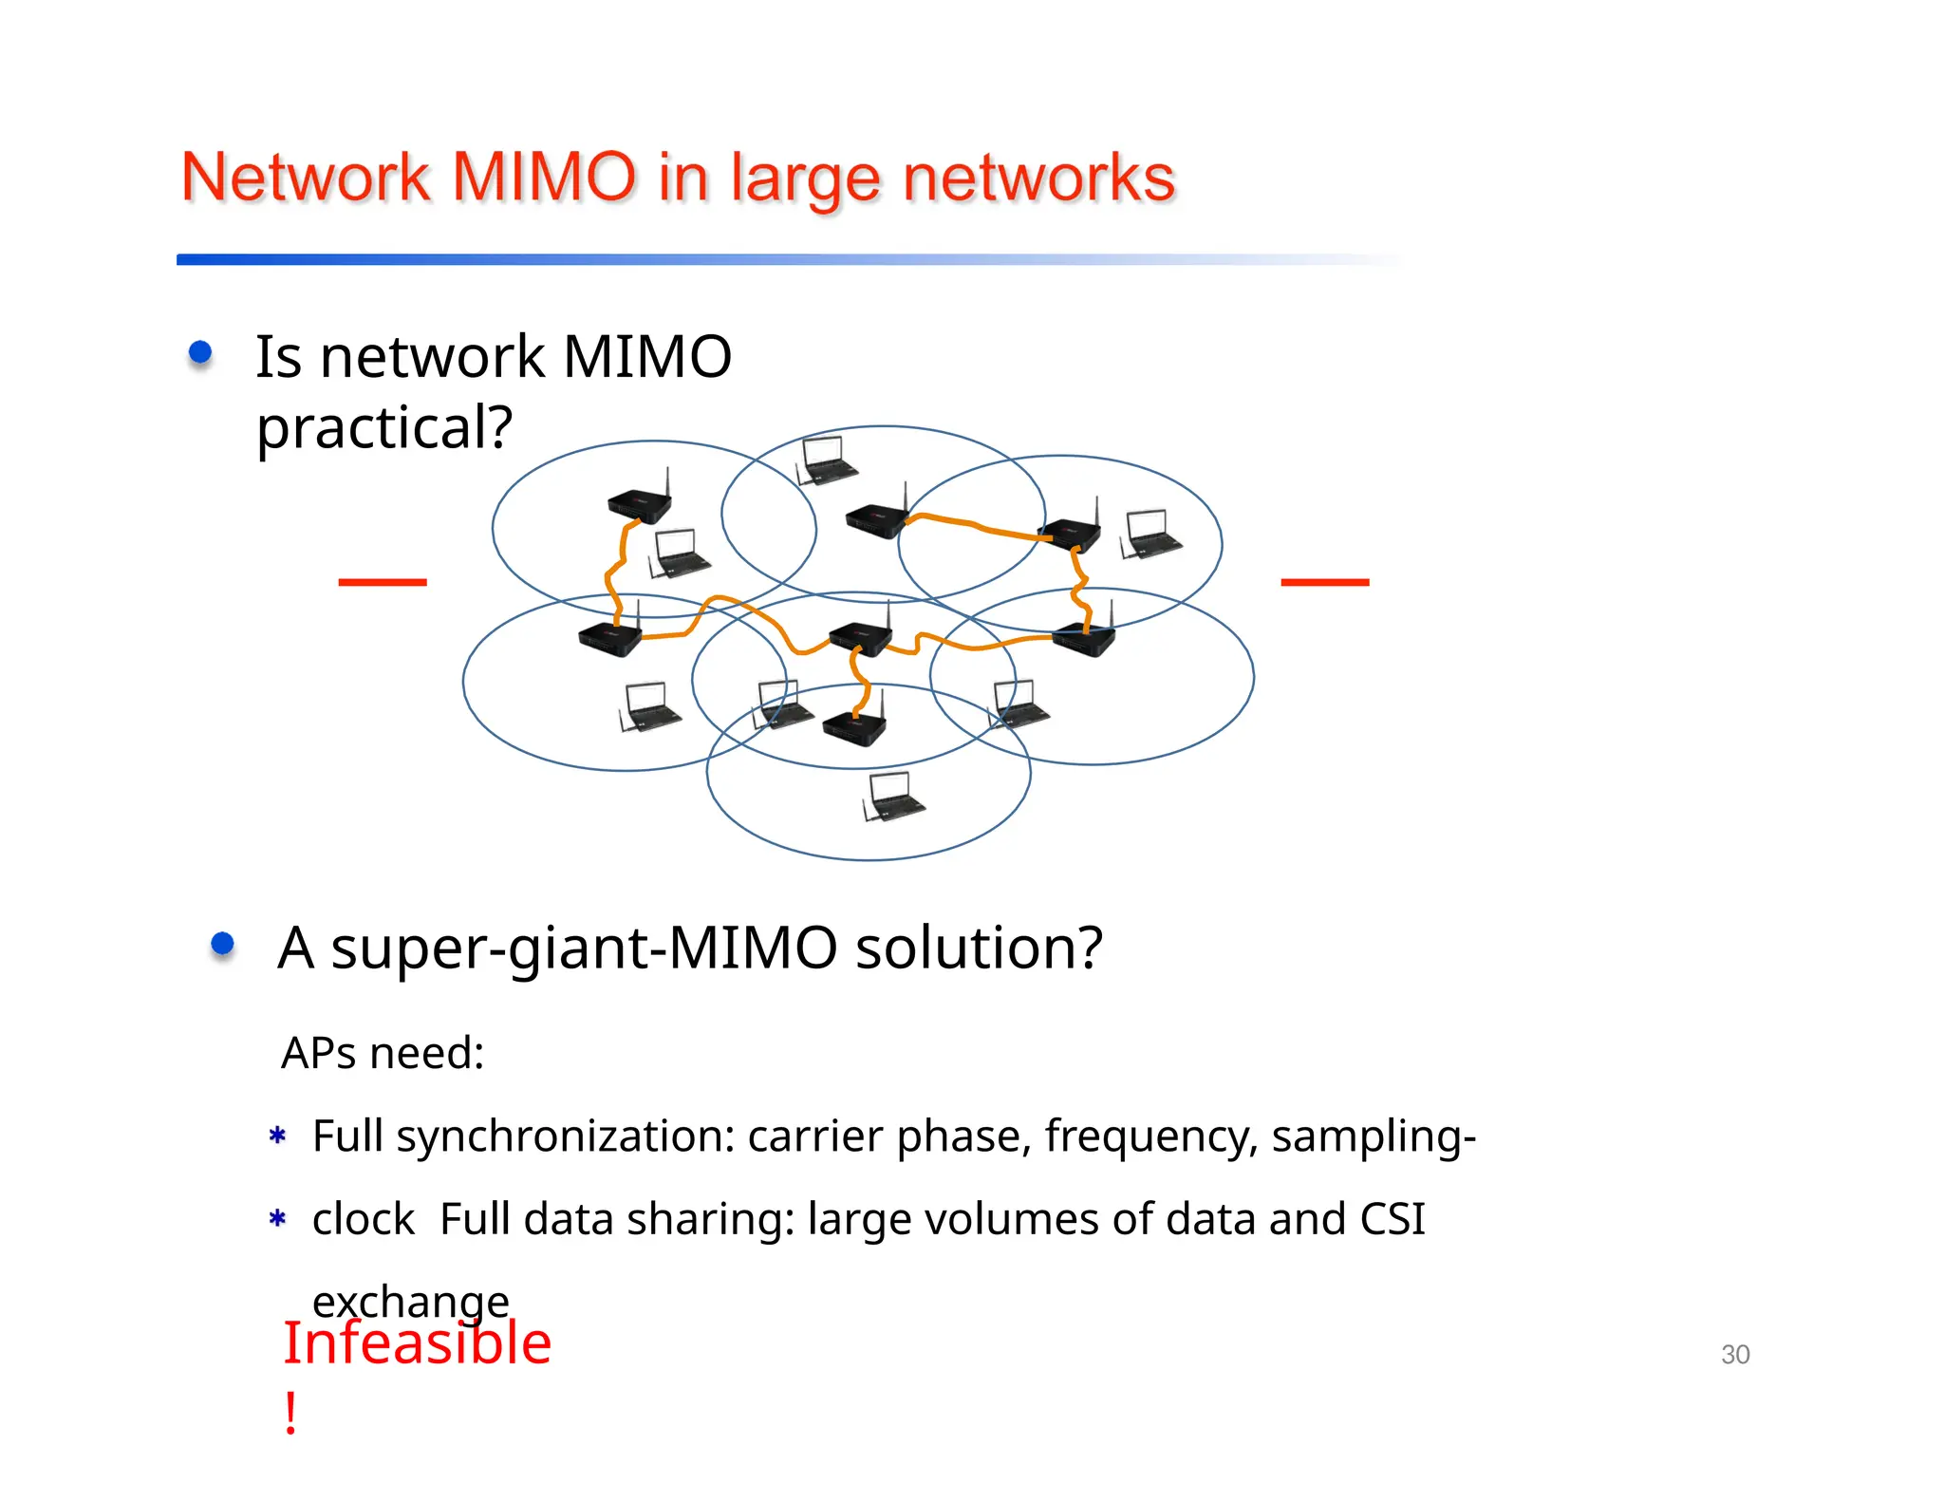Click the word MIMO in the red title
[543, 178]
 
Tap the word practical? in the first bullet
[384, 427]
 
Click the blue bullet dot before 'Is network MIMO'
[200, 354]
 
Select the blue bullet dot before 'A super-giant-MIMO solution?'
[222, 944]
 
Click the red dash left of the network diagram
[383, 582]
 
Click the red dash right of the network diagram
[1324, 582]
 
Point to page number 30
[1735, 1354]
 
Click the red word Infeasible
[417, 1343]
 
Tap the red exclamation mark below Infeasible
[290, 1414]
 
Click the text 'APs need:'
[383, 1053]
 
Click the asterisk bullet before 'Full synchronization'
[277, 1136]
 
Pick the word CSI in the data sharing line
[1392, 1219]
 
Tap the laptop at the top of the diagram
[826, 460]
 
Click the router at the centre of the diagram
[860, 637]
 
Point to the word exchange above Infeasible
[410, 1301]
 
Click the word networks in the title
[1038, 178]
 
